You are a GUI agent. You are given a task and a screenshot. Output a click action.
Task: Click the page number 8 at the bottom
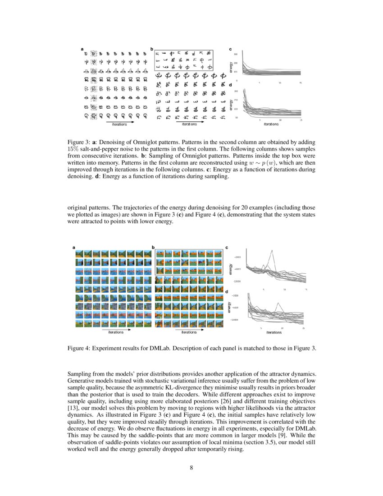coord(191,467)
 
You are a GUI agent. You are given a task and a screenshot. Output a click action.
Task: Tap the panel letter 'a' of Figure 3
coord(82,49)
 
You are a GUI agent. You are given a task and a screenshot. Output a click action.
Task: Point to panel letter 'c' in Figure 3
coord(230,49)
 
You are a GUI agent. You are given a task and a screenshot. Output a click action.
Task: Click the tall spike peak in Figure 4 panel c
coord(272,251)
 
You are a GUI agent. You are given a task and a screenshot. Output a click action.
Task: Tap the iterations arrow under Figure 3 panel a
coord(119,121)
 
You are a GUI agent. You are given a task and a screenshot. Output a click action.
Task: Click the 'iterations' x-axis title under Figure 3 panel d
coord(271,124)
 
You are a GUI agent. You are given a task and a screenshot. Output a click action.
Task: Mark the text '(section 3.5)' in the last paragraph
coord(205,444)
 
